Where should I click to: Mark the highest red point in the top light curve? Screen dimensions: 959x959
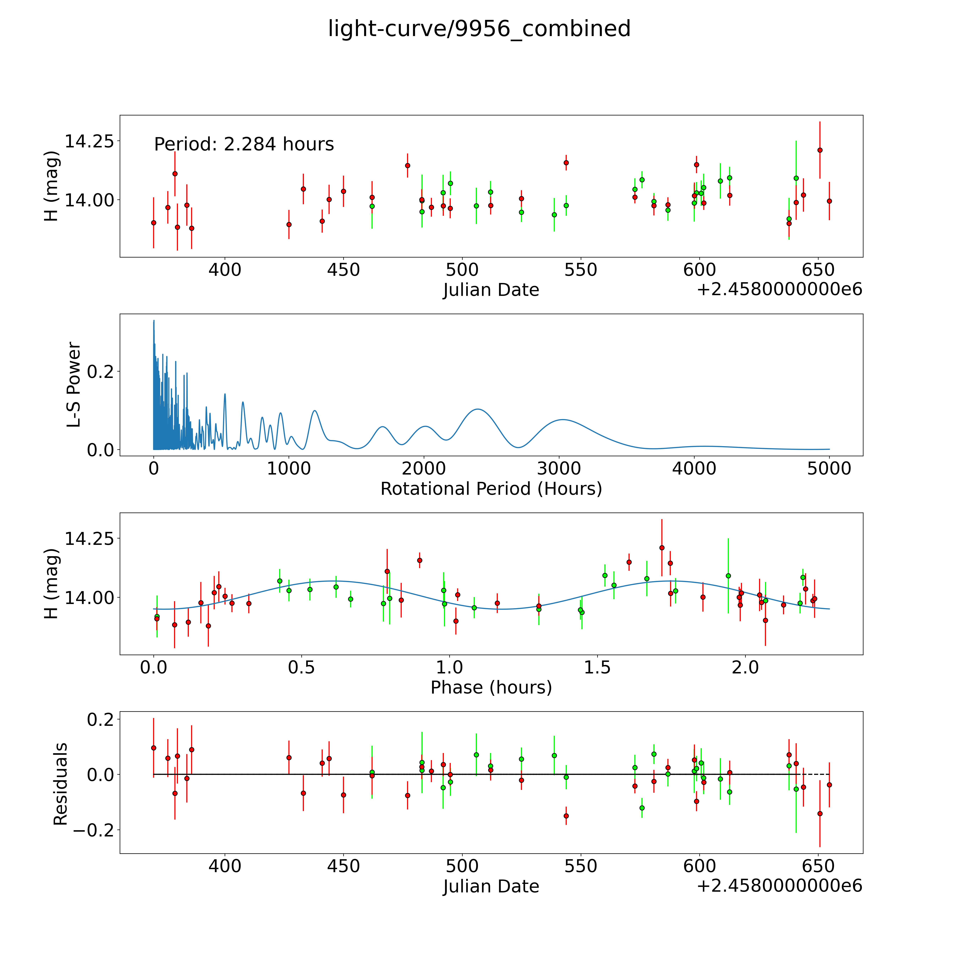820,150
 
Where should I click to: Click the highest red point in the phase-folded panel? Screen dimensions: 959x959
662,548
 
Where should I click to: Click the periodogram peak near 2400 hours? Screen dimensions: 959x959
478,409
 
